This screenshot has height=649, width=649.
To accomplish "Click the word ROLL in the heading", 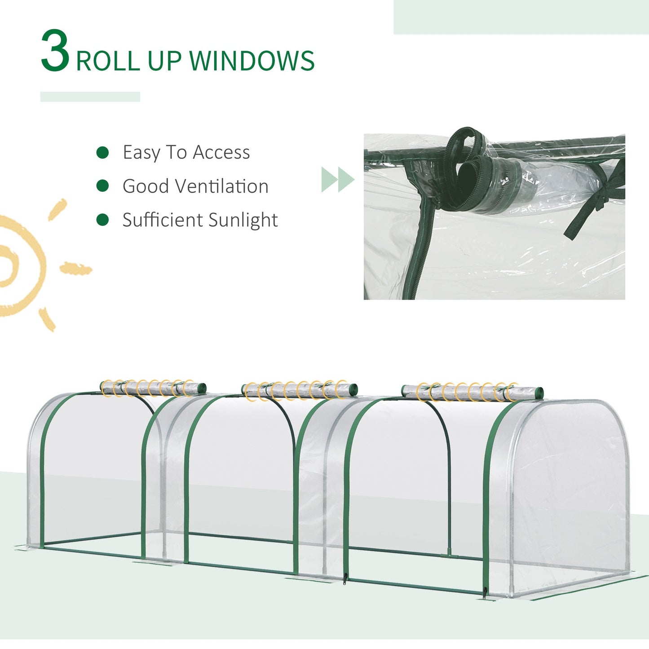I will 108,61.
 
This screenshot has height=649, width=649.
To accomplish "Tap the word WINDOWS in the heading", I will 252,61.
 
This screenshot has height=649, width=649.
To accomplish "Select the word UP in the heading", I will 164,61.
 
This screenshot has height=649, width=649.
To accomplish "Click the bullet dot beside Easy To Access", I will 103,153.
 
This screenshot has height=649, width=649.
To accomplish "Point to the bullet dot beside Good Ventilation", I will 103,186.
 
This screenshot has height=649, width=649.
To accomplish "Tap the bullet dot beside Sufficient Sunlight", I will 103,220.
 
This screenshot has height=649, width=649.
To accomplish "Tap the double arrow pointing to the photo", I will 337,180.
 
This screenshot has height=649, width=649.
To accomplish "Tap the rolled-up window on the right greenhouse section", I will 472,392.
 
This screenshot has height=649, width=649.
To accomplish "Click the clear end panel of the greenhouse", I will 570,485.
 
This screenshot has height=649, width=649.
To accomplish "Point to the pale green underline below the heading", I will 90,97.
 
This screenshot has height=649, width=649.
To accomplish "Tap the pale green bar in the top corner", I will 521,17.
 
